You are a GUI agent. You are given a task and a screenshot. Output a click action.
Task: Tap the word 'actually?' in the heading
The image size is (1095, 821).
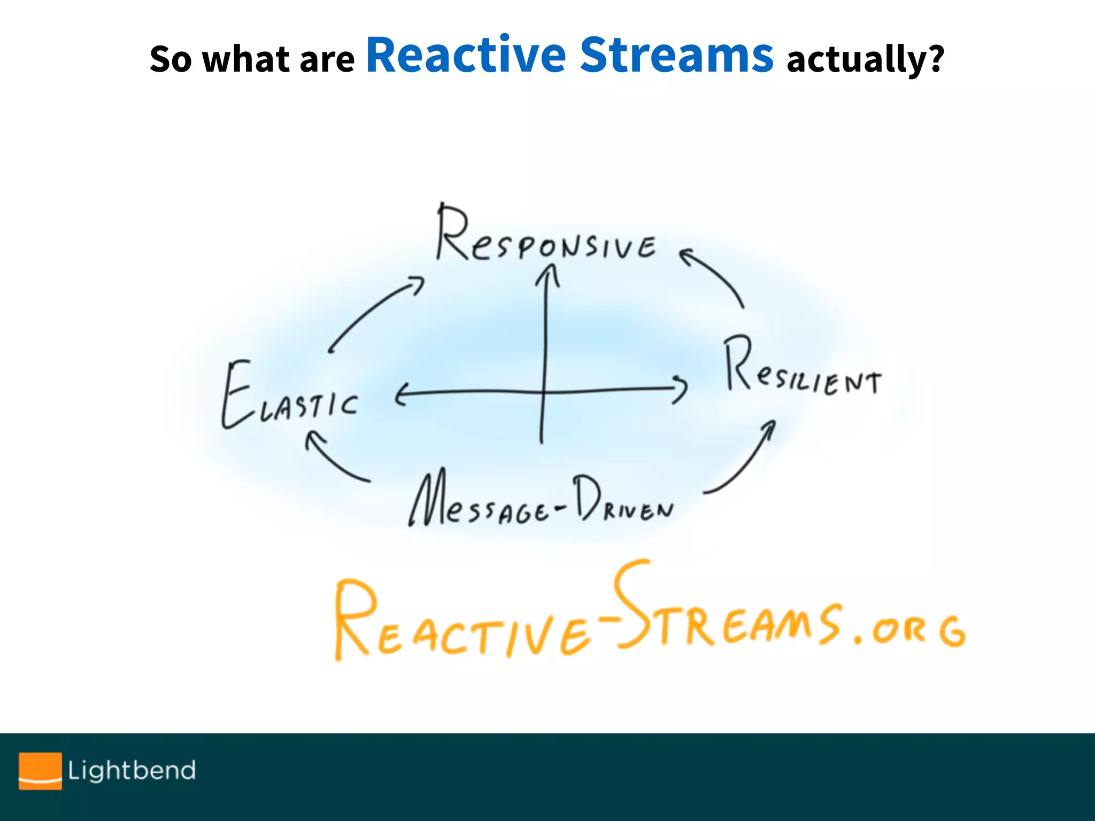point(865,59)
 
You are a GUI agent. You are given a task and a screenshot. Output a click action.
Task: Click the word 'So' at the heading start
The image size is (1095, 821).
point(170,59)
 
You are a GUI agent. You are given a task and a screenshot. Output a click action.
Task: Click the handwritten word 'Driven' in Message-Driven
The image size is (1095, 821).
point(623,500)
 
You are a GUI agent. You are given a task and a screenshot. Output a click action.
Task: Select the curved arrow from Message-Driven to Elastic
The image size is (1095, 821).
point(334,460)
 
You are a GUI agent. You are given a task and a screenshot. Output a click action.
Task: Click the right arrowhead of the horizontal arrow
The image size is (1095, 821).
point(681,388)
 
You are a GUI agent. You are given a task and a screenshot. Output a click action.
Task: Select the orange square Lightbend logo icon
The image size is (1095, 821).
point(40,770)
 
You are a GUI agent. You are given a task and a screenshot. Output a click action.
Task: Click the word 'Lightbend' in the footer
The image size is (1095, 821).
point(132,770)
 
